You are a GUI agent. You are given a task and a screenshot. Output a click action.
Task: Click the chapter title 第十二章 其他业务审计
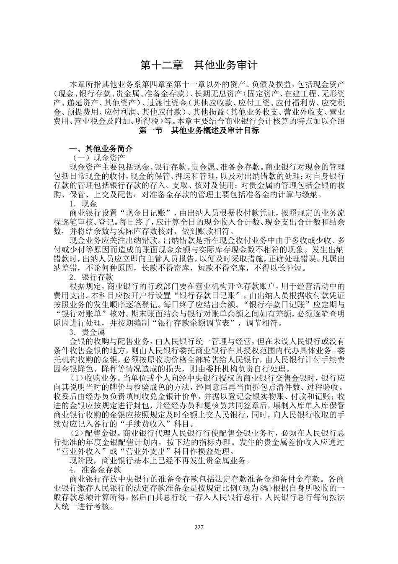(x=198, y=65)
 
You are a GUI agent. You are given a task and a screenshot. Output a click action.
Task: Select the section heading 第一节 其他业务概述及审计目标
(x=199, y=131)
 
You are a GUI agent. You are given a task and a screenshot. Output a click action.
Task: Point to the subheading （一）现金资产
(x=98, y=158)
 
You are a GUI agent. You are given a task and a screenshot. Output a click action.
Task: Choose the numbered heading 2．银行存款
(x=90, y=277)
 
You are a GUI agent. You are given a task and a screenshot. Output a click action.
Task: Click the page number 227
(x=199, y=527)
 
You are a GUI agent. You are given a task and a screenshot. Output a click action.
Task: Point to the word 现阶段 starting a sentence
(x=81, y=460)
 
